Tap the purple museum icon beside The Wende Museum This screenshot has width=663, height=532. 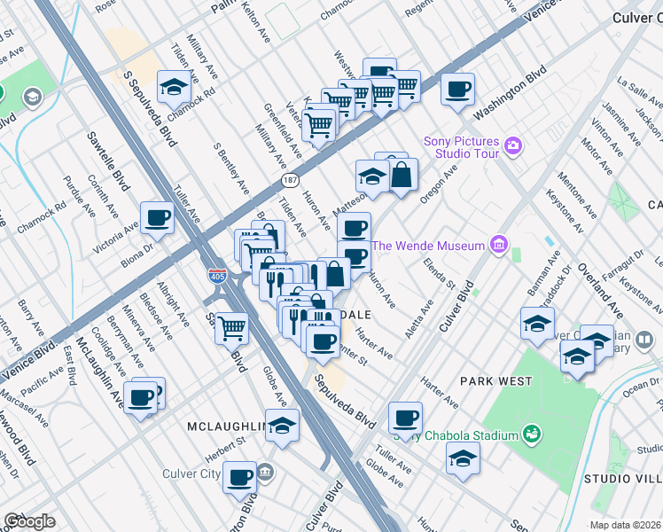[x=498, y=245]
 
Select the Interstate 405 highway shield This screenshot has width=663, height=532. [x=217, y=275]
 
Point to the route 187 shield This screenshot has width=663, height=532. [x=290, y=180]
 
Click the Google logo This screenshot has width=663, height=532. [x=29, y=521]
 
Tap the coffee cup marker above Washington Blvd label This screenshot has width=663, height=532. [x=457, y=90]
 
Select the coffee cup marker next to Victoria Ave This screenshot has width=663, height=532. [x=158, y=218]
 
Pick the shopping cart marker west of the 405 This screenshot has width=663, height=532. [x=231, y=328]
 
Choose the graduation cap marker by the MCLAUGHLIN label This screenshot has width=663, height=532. [x=283, y=426]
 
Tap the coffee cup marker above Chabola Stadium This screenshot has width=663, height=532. [x=405, y=418]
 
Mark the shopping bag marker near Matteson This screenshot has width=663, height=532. [x=402, y=176]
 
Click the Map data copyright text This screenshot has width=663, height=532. [x=625, y=525]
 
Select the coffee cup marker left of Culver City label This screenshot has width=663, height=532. [x=239, y=479]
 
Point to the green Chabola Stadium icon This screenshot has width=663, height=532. [x=532, y=434]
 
